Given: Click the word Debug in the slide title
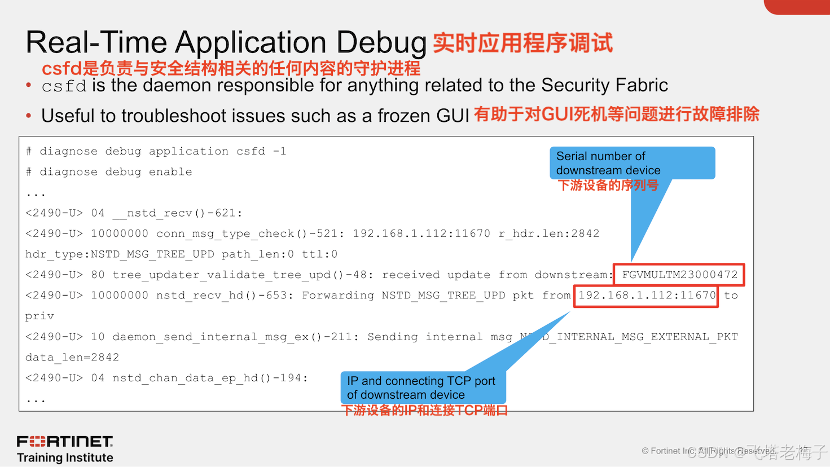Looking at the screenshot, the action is point(381,43).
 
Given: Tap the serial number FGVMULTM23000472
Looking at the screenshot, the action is point(679,275).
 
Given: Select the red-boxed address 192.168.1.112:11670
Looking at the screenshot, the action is point(647,296).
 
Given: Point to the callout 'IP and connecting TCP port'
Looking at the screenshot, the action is point(423,387).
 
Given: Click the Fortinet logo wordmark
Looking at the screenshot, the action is point(65,441).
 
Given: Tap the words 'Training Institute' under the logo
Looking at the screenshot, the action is point(65,457).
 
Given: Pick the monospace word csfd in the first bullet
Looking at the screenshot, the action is point(64,86).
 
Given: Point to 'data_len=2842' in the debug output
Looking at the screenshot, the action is point(72,358).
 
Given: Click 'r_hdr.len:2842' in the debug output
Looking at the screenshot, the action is point(548,233).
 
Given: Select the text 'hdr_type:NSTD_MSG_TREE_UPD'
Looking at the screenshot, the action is point(120,254).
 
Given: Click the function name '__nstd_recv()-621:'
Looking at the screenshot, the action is point(177,213).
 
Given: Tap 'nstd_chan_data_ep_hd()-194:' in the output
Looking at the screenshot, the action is point(210,378).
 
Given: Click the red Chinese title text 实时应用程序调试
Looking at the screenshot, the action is point(522,43).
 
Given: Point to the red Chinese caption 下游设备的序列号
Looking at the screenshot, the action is point(608,186).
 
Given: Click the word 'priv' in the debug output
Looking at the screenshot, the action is point(39,316).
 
